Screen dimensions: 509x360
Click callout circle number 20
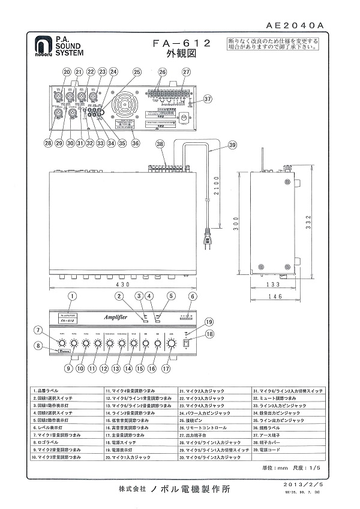coord(67,71)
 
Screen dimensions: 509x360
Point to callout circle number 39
coord(232,145)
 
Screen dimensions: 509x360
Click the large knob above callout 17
coord(172,344)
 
